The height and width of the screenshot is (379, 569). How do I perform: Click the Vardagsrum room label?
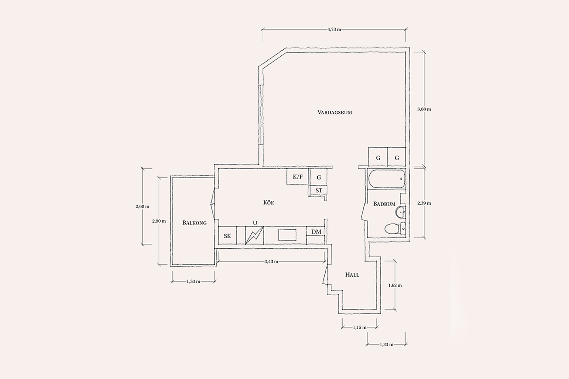point(335,112)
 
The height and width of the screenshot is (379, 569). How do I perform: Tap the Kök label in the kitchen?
point(268,203)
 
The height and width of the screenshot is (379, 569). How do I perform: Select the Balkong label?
point(194,223)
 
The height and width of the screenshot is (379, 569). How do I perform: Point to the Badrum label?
point(384,204)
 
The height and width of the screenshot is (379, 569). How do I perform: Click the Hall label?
point(352,275)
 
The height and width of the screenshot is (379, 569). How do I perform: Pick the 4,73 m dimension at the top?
point(334,29)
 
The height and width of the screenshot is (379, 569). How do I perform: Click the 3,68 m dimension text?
point(424,109)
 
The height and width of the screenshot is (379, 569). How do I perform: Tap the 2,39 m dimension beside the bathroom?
point(424,203)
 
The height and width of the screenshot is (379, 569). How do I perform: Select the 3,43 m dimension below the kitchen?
point(271,262)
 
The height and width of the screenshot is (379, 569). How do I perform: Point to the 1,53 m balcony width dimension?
point(193,281)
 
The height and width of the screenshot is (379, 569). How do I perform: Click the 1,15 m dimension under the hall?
point(359,328)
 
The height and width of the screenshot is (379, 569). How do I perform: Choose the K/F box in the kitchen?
point(298,176)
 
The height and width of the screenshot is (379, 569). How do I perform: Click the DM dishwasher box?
point(316,232)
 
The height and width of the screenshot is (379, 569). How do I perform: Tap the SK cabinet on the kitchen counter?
point(227,235)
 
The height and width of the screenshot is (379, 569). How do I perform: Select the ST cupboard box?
point(319,190)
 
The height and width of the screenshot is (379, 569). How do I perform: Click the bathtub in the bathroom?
point(386,179)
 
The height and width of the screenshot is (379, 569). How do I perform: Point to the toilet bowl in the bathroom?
point(392,228)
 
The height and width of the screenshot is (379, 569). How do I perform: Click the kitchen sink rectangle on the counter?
point(287,235)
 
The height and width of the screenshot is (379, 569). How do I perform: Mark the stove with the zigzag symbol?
point(254,235)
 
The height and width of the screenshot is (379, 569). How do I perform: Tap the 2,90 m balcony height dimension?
point(159,221)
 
